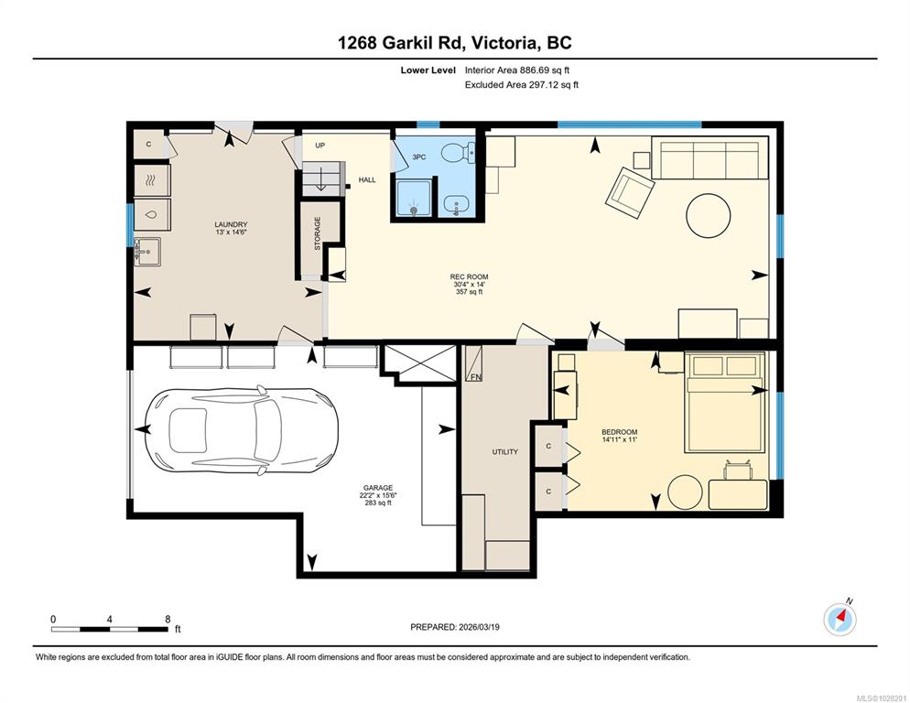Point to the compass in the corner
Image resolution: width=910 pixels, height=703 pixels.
(x=840, y=620)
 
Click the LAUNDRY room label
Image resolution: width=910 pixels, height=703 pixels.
(x=231, y=225)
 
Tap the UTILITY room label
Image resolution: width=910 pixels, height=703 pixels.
(x=504, y=451)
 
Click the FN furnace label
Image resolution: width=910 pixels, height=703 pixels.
(x=475, y=376)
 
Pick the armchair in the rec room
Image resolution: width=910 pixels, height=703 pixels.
(x=632, y=189)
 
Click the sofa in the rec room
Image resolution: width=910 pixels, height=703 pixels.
(x=710, y=159)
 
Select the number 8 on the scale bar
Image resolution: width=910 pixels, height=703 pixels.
(x=168, y=619)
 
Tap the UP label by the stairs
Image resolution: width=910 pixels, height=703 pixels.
(x=320, y=146)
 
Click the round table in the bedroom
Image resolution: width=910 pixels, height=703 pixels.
(x=685, y=492)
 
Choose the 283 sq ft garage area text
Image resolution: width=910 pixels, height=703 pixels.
(x=377, y=503)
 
